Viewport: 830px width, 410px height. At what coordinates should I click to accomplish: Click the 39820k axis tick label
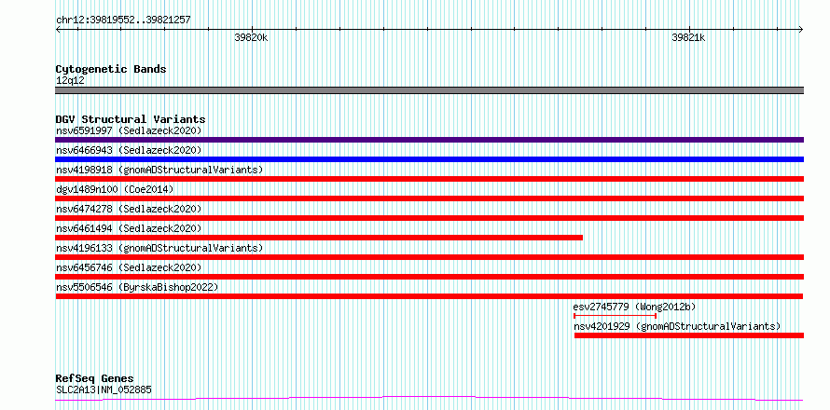click(x=252, y=37)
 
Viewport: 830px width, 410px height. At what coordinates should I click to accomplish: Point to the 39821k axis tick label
click(x=688, y=37)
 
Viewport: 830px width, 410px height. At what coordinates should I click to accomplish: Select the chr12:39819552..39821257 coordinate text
click(x=123, y=20)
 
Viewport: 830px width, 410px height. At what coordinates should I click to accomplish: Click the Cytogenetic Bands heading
click(x=111, y=69)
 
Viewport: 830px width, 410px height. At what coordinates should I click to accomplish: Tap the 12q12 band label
click(x=70, y=81)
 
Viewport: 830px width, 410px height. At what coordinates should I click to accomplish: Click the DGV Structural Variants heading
click(x=131, y=119)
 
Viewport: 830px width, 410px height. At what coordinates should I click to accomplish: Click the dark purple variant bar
click(x=429, y=140)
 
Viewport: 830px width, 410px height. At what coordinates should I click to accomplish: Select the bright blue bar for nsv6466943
click(x=429, y=159)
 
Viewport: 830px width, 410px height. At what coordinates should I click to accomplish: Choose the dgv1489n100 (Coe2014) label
click(x=115, y=189)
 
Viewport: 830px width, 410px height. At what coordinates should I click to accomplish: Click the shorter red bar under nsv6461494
click(x=319, y=238)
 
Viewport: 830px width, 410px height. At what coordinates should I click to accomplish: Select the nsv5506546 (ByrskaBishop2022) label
click(x=137, y=287)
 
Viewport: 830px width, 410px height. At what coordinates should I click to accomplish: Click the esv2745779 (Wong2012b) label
click(x=634, y=307)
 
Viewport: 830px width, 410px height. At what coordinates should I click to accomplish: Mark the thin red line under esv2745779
click(x=616, y=316)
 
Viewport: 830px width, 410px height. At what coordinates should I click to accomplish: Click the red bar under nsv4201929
click(x=688, y=335)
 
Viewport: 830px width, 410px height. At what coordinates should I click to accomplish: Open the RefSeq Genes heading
click(x=95, y=379)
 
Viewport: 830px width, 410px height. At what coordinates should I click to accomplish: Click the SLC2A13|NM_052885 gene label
click(x=104, y=390)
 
